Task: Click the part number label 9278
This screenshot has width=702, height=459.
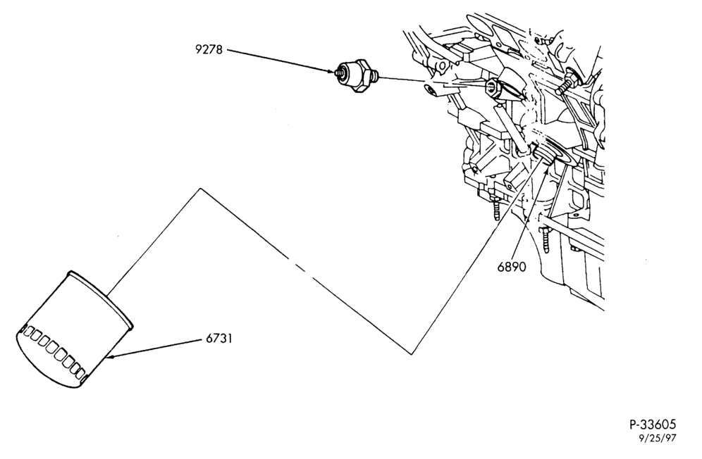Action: (x=209, y=49)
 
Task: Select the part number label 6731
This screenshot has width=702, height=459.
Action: (x=219, y=338)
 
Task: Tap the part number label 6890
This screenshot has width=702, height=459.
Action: (x=512, y=267)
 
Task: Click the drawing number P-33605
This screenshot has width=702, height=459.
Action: (x=653, y=424)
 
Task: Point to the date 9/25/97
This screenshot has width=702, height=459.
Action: (x=657, y=439)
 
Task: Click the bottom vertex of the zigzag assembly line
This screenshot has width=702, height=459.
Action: (x=412, y=354)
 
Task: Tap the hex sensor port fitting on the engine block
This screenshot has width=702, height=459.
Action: (x=493, y=88)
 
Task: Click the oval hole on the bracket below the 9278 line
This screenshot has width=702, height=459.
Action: (x=431, y=91)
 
